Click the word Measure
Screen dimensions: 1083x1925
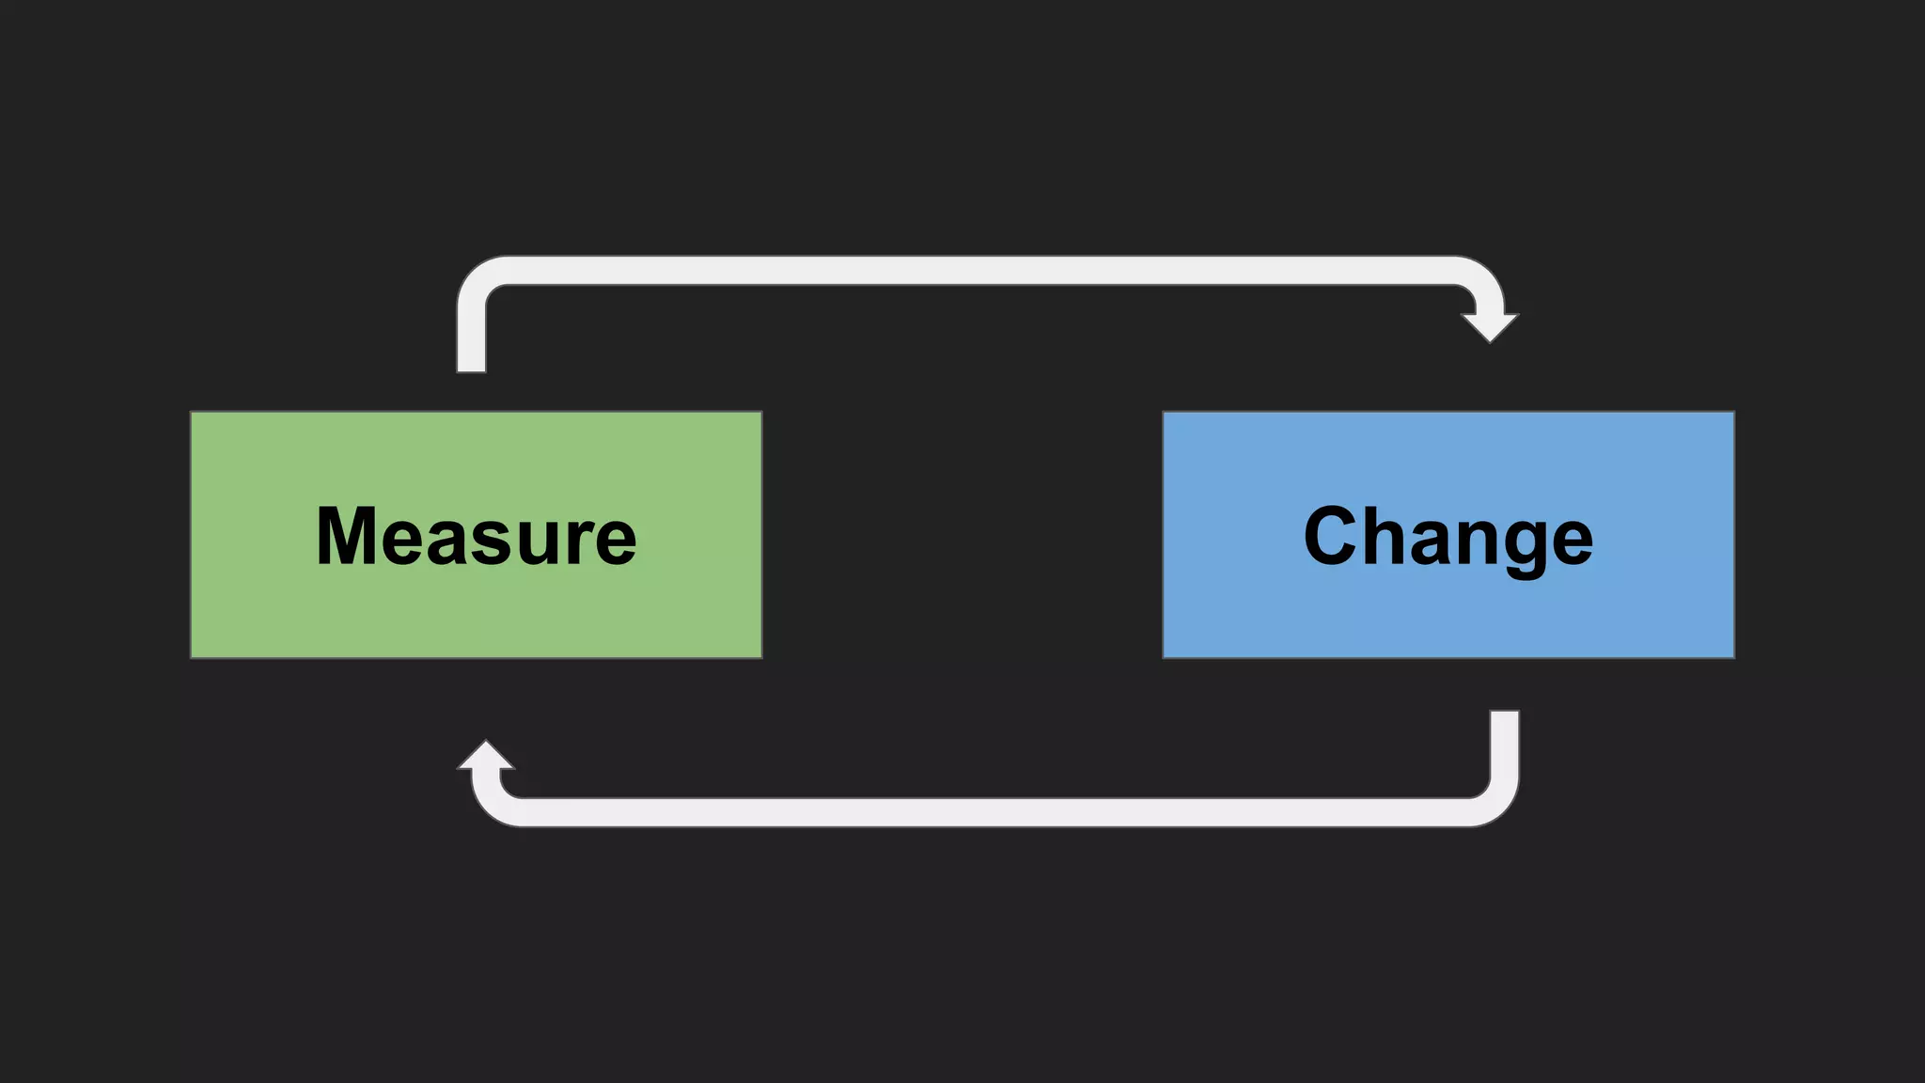pyautogui.click(x=477, y=536)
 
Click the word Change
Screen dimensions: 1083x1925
pyautogui.click(x=1448, y=536)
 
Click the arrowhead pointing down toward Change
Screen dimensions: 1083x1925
pyautogui.click(x=1490, y=326)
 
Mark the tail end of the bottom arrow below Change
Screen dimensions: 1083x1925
pyautogui.click(x=1504, y=717)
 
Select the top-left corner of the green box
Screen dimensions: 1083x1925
pyautogui.click(x=192, y=413)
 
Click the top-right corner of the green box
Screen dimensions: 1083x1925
pyautogui.click(x=760, y=413)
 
